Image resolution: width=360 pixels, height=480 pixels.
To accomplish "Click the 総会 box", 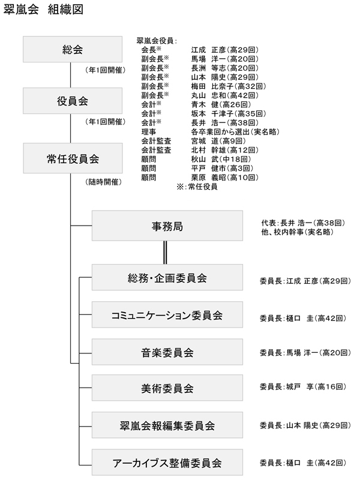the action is [73, 49].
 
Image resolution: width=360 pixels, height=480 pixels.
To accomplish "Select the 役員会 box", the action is [73, 101].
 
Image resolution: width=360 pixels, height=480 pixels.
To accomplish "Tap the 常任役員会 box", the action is [73, 158].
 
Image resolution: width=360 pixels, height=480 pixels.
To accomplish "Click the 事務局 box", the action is [167, 226].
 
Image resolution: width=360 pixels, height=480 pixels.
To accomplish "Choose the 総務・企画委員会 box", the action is [167, 277].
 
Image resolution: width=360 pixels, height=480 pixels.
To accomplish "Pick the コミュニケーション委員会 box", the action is [167, 314].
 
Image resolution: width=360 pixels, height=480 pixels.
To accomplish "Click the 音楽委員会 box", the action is [167, 352].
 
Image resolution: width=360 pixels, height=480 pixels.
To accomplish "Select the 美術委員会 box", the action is [167, 388].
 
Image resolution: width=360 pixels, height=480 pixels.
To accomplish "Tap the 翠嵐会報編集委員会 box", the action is [167, 425].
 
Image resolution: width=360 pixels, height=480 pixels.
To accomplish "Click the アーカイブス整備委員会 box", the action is [167, 462].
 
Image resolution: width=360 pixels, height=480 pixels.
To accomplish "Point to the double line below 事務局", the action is [165, 253].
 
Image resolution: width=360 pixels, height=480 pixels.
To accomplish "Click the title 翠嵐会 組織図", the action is [43, 10].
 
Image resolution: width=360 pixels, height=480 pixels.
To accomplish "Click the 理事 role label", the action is [149, 131].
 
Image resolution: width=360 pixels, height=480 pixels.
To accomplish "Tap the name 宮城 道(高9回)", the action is [218, 141].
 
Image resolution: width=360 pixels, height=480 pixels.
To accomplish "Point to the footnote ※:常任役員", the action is [197, 187].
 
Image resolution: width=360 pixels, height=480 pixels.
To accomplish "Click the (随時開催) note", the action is [103, 182].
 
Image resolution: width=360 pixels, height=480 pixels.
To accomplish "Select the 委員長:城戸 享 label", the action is [280, 386].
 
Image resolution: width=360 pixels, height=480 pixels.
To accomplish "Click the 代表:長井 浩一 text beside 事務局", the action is [287, 223].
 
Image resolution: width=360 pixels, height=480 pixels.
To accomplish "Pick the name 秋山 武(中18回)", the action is [221, 159].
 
